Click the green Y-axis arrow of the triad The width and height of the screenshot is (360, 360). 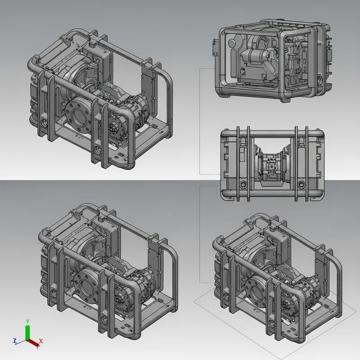(x=27, y=332)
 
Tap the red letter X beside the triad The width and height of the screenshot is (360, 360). (x=41, y=342)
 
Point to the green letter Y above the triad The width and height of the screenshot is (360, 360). (x=27, y=320)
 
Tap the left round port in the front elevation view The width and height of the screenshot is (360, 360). (x=243, y=185)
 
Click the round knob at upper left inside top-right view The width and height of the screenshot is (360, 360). (x=232, y=43)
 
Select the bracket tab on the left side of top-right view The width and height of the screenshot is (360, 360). (x=214, y=45)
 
